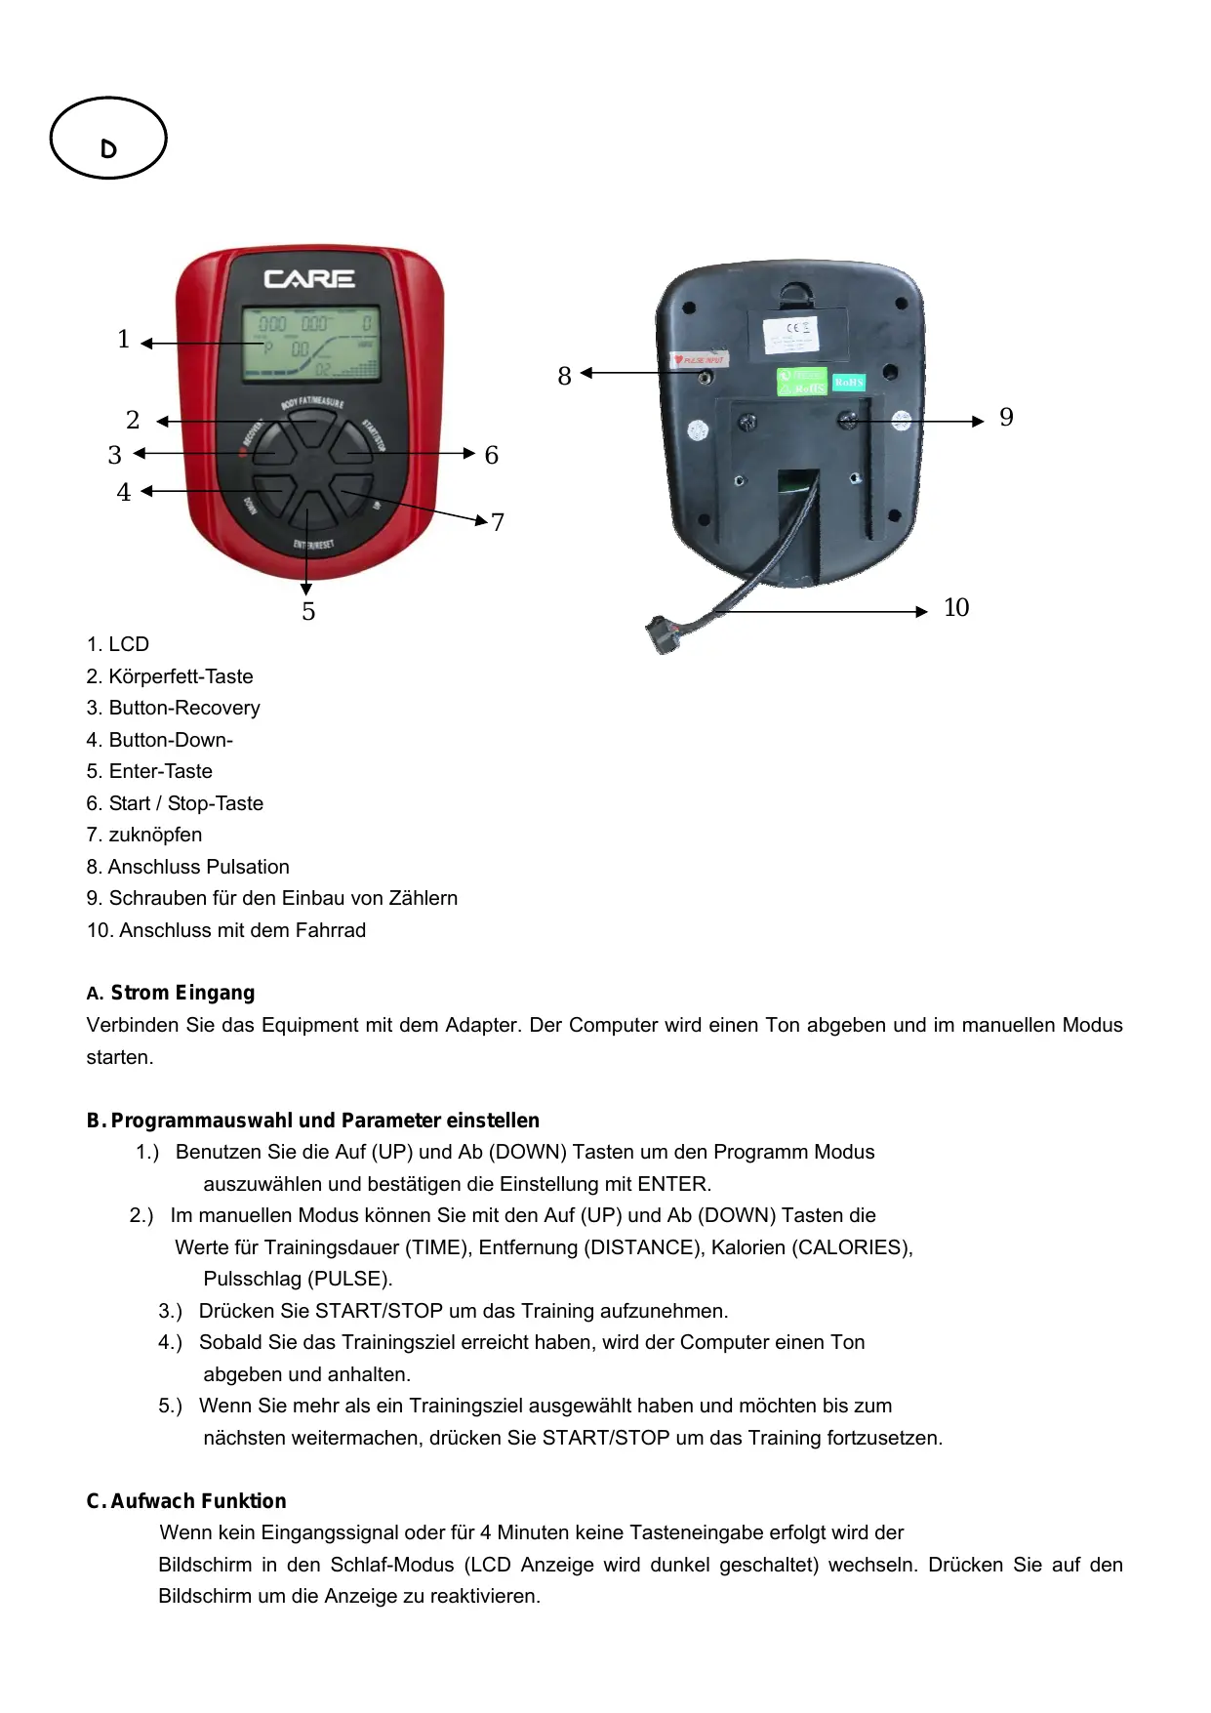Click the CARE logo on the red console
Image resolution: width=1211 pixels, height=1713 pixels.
(x=309, y=279)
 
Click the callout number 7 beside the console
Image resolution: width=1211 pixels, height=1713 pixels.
(x=498, y=523)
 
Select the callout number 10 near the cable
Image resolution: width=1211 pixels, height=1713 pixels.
(x=956, y=608)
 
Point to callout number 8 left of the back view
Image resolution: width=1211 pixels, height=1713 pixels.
(x=564, y=377)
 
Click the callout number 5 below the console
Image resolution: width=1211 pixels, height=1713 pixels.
(x=308, y=612)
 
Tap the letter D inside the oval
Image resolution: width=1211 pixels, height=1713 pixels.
(x=108, y=149)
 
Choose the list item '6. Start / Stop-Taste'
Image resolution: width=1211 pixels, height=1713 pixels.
(x=175, y=803)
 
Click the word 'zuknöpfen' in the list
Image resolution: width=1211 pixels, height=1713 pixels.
(x=155, y=835)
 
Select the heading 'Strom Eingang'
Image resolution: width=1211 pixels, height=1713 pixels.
(x=182, y=993)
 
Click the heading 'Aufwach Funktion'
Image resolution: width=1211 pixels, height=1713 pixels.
(x=198, y=1501)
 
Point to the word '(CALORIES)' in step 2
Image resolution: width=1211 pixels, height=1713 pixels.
(x=852, y=1247)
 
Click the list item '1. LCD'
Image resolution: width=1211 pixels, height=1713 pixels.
(x=118, y=644)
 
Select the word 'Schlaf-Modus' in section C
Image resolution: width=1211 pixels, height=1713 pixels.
(x=392, y=1565)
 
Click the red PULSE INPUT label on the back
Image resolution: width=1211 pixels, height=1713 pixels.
(x=700, y=360)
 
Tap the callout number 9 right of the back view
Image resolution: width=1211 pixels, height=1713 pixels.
(x=1006, y=418)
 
